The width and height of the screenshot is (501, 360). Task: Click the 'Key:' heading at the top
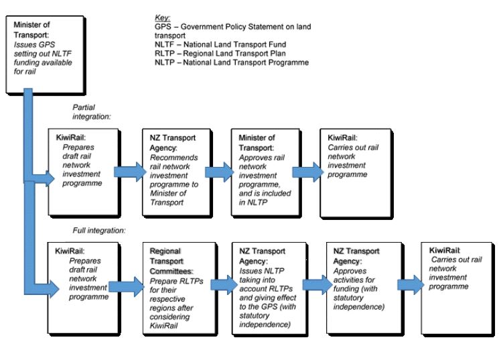click(162, 18)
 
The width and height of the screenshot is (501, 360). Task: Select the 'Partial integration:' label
click(91, 112)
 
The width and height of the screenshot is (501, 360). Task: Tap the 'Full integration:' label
click(99, 231)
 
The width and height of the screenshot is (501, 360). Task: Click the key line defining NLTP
click(232, 62)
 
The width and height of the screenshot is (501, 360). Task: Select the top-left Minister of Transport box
click(46, 55)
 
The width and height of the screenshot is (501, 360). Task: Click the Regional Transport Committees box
click(180, 289)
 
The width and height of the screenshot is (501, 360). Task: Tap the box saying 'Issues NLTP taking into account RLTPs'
click(270, 289)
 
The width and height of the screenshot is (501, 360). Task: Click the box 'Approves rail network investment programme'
click(267, 173)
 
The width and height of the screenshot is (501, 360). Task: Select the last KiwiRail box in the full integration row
click(457, 289)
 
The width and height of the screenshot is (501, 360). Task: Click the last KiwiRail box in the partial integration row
click(356, 173)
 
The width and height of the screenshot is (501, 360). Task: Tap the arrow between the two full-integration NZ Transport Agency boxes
click(317, 285)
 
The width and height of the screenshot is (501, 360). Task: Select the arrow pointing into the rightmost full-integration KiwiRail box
click(411, 284)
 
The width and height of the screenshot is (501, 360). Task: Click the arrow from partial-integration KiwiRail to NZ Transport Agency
click(130, 172)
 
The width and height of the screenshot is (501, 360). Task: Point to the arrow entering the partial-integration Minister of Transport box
click(220, 172)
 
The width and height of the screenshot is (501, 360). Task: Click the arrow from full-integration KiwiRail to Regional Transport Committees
click(127, 286)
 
